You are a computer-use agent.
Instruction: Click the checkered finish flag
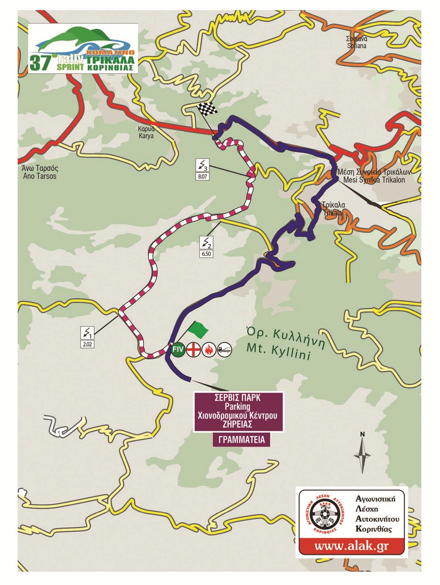[x=206, y=110]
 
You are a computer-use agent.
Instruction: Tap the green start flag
[x=198, y=328]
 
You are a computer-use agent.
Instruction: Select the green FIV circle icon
[x=178, y=350]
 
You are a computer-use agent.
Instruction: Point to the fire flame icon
[x=209, y=350]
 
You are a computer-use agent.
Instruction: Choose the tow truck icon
[x=225, y=350]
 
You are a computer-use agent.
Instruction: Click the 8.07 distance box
[x=203, y=175]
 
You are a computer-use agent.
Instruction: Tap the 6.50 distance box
[x=207, y=254]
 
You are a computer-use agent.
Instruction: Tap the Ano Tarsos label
[x=39, y=172]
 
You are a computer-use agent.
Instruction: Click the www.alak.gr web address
[x=352, y=546]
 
